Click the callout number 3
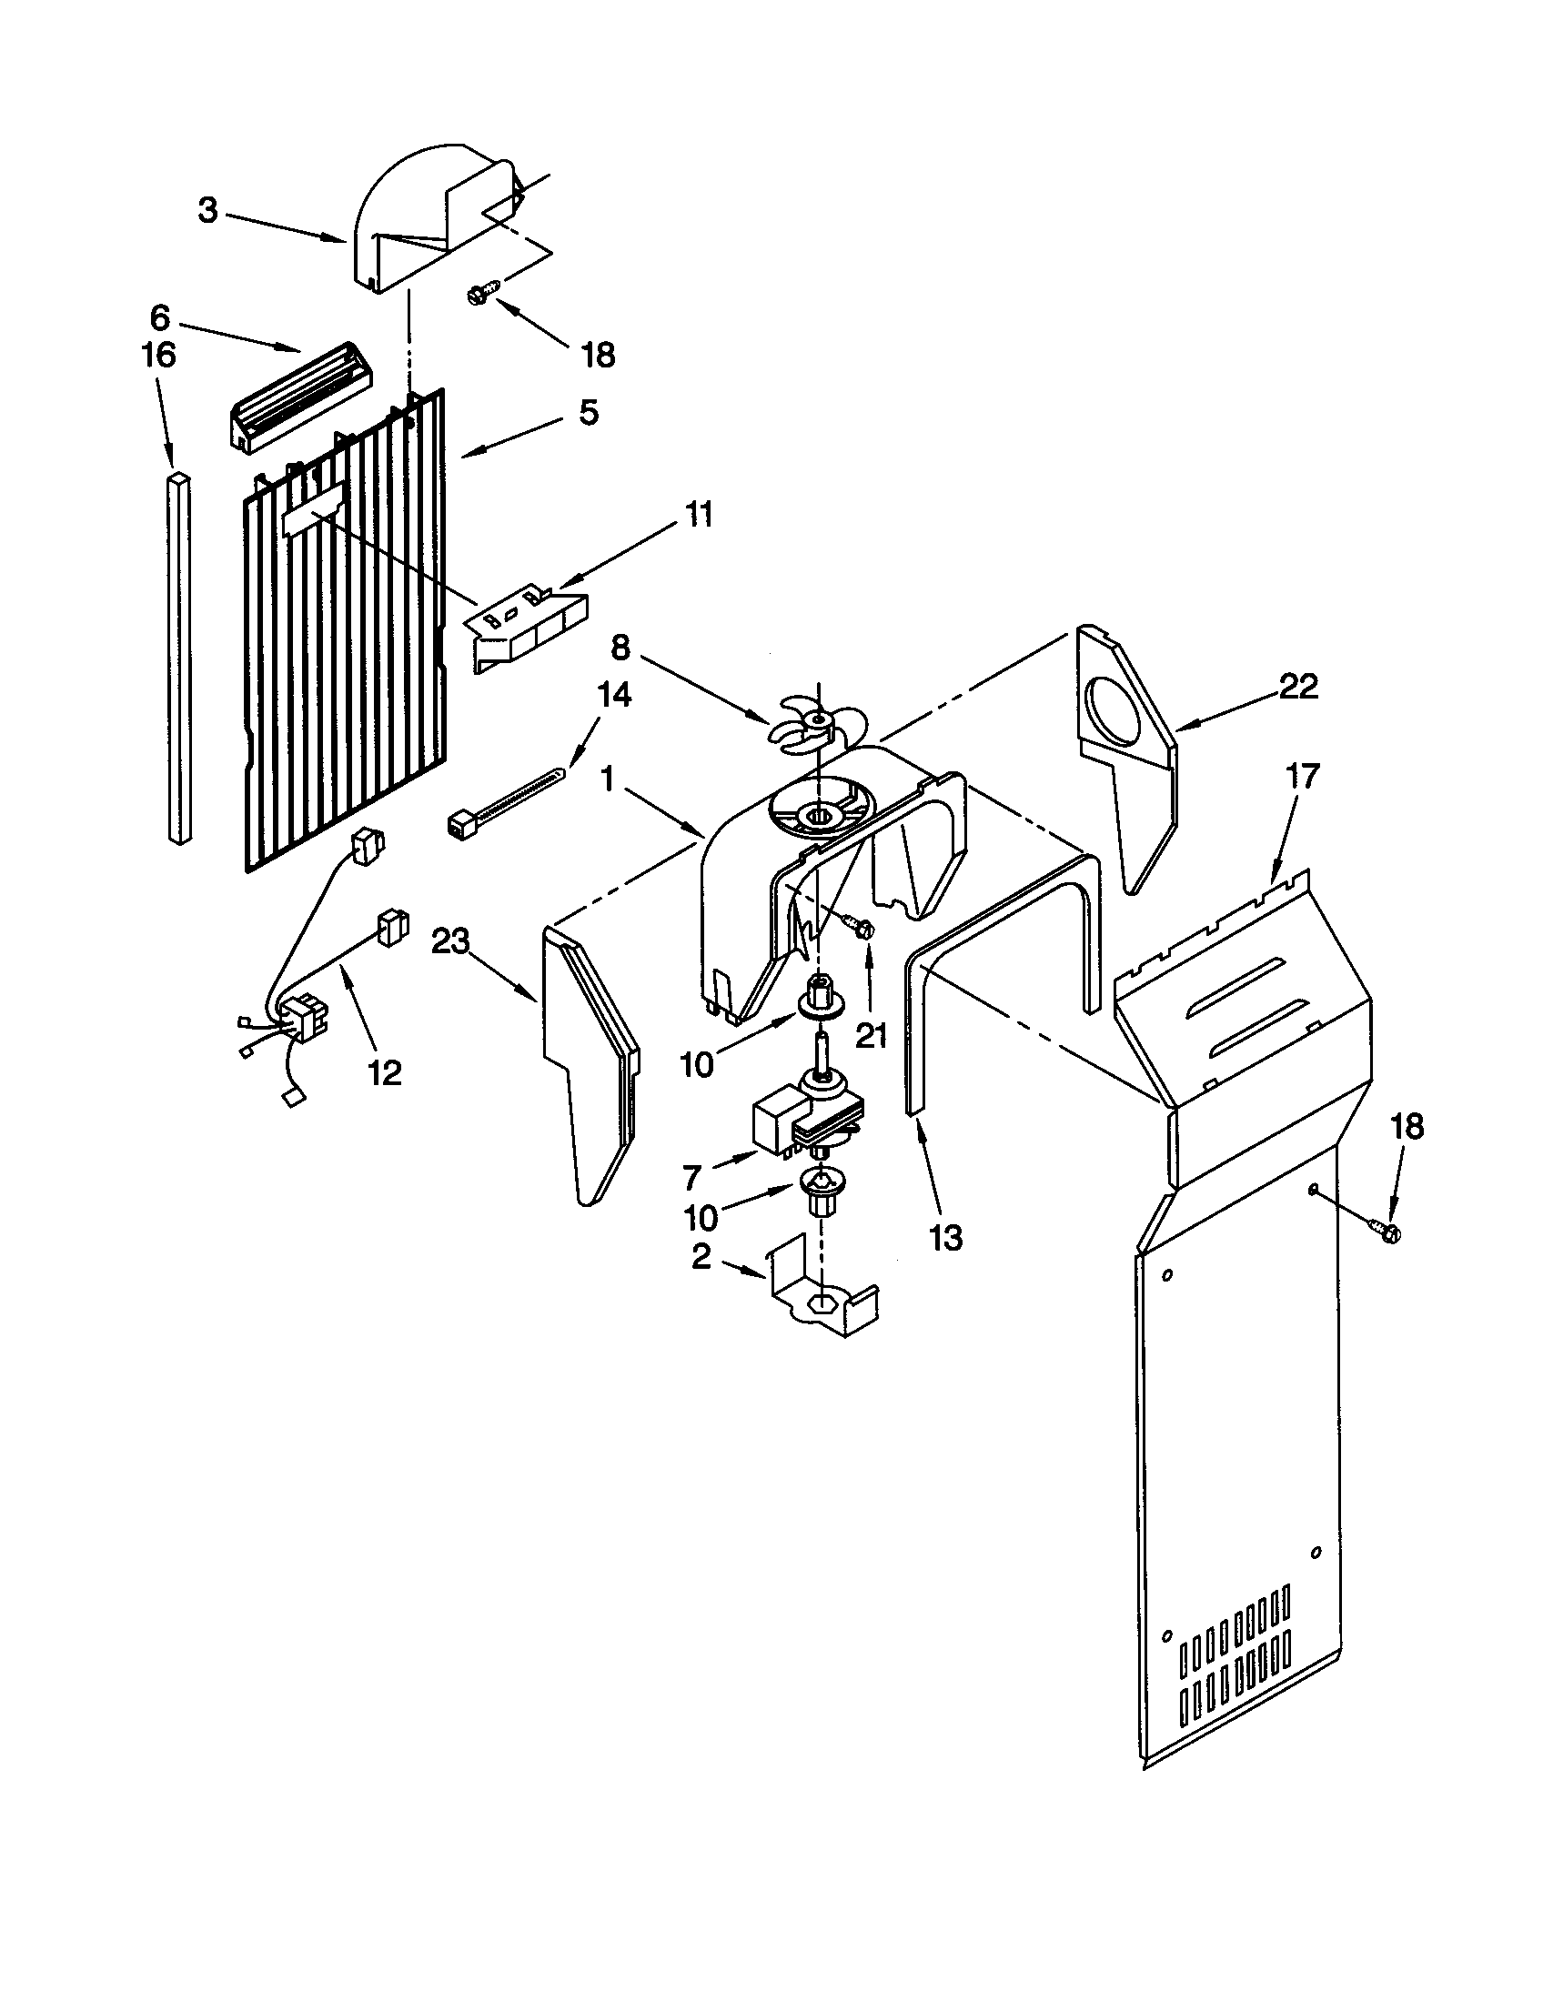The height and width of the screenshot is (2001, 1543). pos(209,211)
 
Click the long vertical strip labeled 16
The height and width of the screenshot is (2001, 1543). pos(179,656)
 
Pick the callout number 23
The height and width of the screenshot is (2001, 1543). pos(451,941)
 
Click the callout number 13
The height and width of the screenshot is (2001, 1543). pos(945,1239)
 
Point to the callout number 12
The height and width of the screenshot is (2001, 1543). pos(385,1072)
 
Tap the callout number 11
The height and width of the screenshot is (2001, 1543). pos(698,515)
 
